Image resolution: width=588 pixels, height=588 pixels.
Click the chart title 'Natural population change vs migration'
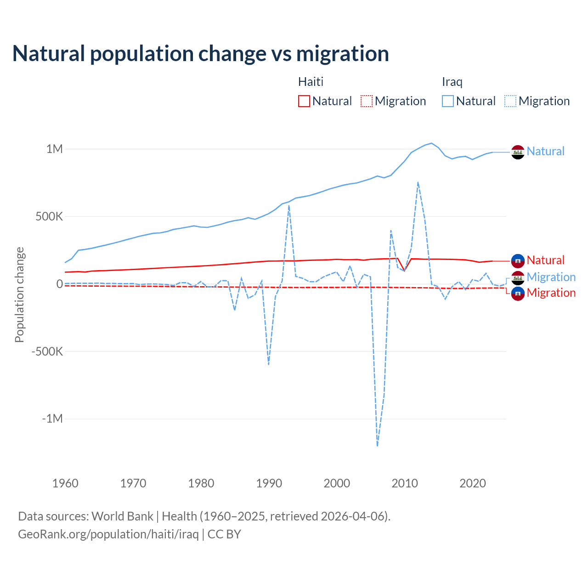[200, 54]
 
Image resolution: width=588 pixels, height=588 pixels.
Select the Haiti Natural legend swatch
[304, 101]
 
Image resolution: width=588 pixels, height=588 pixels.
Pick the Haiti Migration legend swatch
[366, 101]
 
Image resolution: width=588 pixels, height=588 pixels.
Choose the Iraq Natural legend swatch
[447, 101]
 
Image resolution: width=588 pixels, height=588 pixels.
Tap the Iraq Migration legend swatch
[510, 101]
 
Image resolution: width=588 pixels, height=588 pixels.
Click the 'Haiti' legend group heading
[311, 82]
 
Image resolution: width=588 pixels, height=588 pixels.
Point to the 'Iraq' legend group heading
[452, 82]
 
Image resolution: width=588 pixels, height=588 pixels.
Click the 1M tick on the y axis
[54, 149]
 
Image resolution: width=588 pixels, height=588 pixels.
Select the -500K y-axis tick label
[47, 351]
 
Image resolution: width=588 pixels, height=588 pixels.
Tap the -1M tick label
[52, 419]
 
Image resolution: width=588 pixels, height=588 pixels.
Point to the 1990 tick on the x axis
[269, 483]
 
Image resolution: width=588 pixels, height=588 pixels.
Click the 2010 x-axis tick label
[405, 483]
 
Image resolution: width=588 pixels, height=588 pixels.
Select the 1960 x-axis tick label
[65, 483]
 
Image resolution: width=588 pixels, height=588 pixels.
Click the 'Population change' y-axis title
[19, 294]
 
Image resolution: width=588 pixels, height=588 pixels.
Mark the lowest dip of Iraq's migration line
[378, 446]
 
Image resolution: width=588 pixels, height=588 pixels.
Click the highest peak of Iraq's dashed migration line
[418, 182]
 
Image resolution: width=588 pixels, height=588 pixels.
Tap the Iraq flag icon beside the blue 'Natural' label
[518, 152]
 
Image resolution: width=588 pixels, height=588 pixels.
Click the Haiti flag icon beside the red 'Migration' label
[518, 294]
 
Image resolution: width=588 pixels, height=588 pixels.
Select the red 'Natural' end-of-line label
[545, 260]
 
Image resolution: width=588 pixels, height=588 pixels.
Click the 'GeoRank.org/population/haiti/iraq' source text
[108, 534]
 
